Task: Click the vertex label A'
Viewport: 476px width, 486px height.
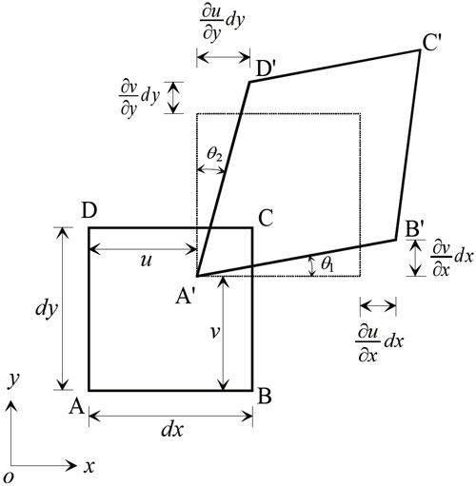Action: [x=186, y=297]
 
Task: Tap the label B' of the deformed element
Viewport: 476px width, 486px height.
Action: [x=415, y=228]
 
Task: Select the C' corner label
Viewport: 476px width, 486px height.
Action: [x=432, y=43]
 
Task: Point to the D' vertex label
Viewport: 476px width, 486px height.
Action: [x=266, y=69]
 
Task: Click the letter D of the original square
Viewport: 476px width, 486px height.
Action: [x=89, y=211]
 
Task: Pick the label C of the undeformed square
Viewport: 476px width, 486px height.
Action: [x=266, y=218]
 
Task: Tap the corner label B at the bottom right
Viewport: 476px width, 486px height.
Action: [x=265, y=396]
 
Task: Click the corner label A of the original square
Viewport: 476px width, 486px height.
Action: [x=77, y=406]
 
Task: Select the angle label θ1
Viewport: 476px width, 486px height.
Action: [x=327, y=263]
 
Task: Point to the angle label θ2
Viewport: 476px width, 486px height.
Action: [x=214, y=154]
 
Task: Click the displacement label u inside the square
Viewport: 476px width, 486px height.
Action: [x=146, y=262]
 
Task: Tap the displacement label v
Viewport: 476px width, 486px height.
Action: [x=215, y=332]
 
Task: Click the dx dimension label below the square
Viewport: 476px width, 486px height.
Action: [x=172, y=430]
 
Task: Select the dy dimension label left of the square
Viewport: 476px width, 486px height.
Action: [x=47, y=308]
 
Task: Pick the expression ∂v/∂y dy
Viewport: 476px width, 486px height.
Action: [x=139, y=98]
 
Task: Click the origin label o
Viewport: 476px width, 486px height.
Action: [x=10, y=476]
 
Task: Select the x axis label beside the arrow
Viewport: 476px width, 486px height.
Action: [x=89, y=467]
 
